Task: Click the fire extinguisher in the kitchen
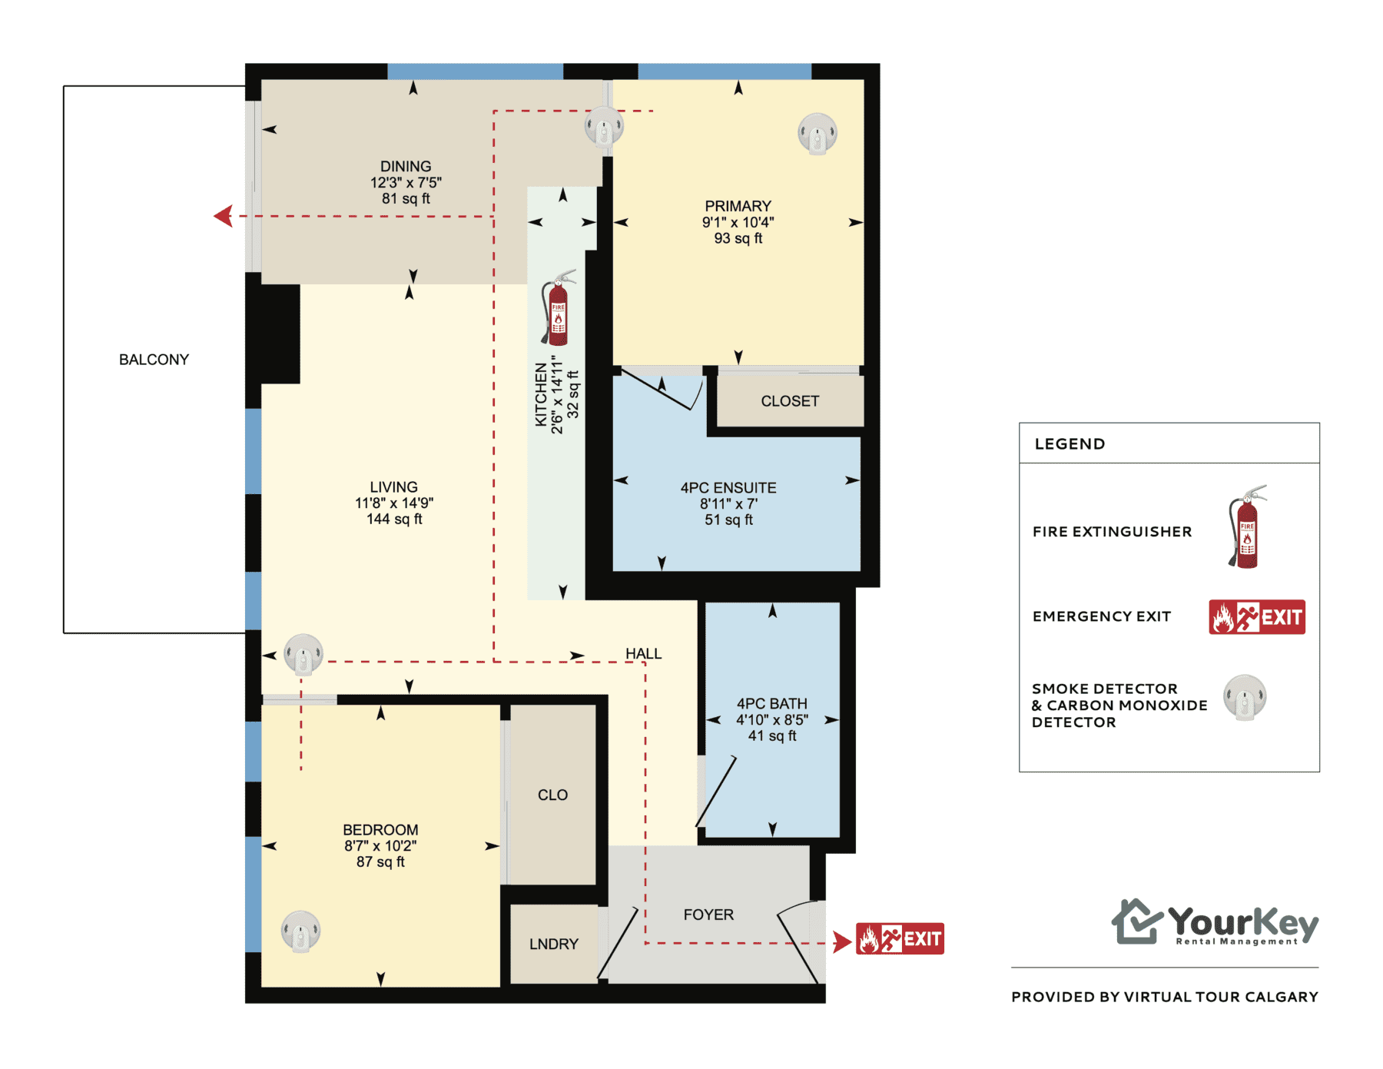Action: (557, 308)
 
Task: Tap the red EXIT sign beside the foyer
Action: (900, 938)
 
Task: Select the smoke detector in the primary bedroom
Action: (817, 134)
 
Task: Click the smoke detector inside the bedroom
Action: (300, 931)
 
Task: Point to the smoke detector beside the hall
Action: (303, 654)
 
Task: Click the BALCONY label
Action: (154, 360)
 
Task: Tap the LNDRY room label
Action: (553, 944)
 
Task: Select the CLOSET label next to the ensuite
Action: (790, 401)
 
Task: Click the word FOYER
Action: (708, 915)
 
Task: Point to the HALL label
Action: (643, 653)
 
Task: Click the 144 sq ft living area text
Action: (394, 519)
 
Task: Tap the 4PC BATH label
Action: (772, 703)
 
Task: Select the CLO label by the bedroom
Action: (552, 795)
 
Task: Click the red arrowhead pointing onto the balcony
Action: (224, 216)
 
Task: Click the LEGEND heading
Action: (1070, 443)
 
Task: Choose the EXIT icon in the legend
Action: (1257, 616)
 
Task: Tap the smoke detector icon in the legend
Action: (1245, 697)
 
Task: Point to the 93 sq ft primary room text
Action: (738, 238)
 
